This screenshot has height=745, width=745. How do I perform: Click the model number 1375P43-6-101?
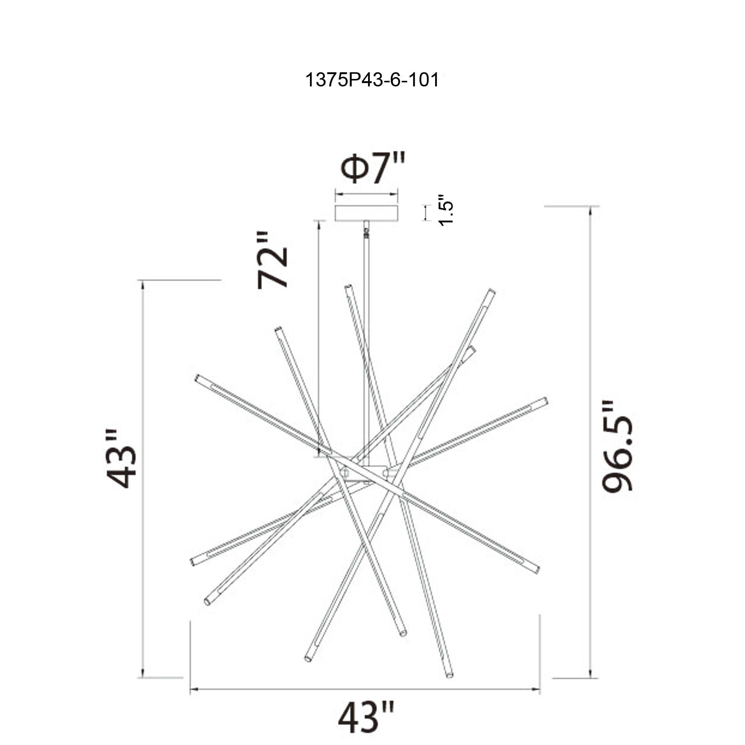(372, 80)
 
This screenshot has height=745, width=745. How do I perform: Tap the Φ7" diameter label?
(372, 169)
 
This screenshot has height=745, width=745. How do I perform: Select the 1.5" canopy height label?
(446, 210)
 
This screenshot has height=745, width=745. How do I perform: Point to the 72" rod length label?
(273, 261)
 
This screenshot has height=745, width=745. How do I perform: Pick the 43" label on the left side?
(121, 459)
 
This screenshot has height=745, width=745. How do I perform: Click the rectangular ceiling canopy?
(366, 213)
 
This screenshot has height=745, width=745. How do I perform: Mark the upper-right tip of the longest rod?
(491, 292)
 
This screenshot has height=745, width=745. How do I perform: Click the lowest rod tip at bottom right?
(449, 675)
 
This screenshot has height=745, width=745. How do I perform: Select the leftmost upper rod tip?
(198, 378)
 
